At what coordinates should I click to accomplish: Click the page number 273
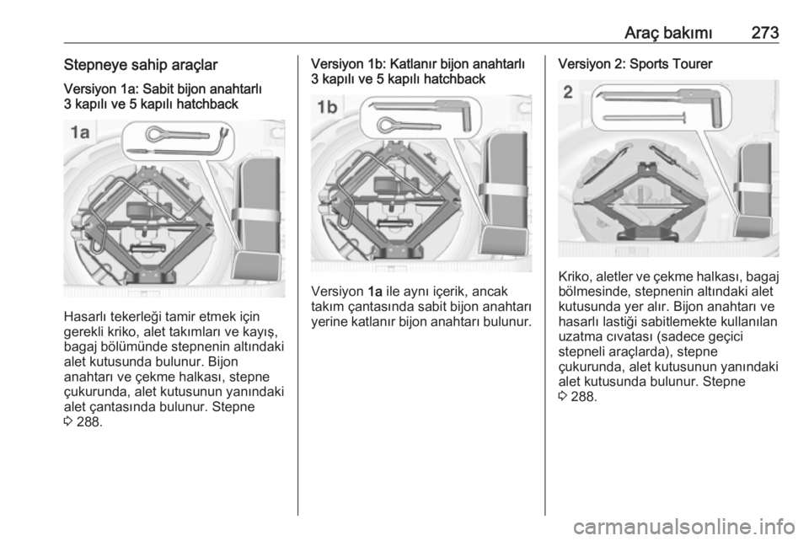point(765,33)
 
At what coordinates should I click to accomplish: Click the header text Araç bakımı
point(668,33)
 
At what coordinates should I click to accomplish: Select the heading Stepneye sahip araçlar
point(141,65)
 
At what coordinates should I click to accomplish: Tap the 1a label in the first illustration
point(80,133)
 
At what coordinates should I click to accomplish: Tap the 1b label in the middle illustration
point(327,107)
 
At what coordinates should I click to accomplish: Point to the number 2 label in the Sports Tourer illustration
point(568,92)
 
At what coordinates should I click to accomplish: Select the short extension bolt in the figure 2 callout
point(644,118)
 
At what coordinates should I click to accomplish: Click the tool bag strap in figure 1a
point(256,214)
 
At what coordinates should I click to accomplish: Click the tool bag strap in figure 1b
point(504,189)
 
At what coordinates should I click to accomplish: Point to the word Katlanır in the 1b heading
point(415,64)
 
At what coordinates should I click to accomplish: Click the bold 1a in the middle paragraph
point(375,292)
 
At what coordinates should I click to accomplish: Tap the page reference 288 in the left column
point(88,421)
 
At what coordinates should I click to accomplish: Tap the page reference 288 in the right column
point(583,397)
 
